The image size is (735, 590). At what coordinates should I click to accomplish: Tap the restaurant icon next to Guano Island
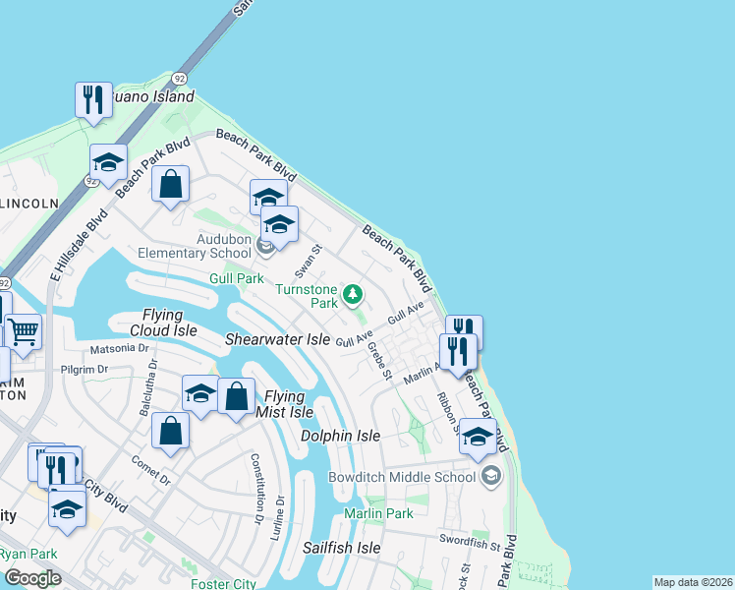coord(92,100)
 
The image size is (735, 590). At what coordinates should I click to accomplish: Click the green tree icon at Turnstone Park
coord(352,294)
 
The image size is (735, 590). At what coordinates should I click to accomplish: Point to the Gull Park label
coord(236,279)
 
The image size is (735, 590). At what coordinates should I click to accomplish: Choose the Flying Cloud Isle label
coord(170,323)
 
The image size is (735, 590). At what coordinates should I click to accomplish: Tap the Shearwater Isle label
coord(278,339)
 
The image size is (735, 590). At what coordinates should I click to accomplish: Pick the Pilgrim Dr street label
coord(83,370)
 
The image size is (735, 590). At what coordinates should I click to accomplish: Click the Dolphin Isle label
coord(340,435)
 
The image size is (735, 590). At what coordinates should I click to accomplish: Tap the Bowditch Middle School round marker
coord(490,477)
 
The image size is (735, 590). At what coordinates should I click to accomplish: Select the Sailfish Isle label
coord(341,548)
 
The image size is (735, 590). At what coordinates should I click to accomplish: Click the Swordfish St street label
coord(470,542)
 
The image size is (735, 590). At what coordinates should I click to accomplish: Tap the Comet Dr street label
coord(149,467)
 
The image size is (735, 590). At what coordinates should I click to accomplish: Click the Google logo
coord(32,578)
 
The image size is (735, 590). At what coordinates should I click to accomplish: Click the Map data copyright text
coord(693,582)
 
